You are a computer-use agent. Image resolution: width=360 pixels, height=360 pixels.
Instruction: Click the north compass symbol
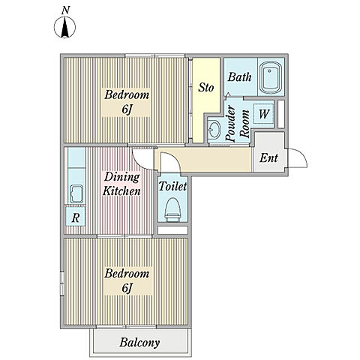click(64, 27)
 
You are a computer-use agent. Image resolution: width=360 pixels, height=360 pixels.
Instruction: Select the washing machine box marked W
click(264, 114)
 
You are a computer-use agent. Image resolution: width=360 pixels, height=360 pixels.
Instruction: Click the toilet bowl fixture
click(172, 209)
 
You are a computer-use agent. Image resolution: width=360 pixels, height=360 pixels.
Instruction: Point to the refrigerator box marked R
click(75, 217)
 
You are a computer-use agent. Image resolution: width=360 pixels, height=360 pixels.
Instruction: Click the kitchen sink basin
click(76, 194)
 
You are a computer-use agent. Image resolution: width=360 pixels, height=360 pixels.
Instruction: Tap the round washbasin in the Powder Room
click(214, 129)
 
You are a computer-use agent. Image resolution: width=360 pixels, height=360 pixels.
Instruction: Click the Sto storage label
click(206, 88)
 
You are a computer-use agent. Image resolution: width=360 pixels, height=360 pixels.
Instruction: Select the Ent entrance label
click(268, 157)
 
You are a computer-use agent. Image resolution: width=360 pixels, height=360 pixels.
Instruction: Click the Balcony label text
click(139, 342)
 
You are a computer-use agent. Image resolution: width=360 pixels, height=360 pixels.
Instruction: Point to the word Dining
click(121, 177)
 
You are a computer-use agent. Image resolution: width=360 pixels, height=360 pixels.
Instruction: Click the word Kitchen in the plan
click(121, 191)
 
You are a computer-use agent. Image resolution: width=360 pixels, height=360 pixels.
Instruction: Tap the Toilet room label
click(172, 186)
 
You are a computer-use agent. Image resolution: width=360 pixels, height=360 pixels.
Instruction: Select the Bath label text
click(239, 76)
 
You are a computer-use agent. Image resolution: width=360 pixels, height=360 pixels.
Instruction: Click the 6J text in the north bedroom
click(127, 109)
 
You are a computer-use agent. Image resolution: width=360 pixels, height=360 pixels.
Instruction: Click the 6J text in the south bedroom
click(127, 288)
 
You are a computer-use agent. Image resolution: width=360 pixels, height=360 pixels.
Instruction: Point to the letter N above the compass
click(65, 10)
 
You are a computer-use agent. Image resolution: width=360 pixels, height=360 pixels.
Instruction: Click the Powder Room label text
click(237, 124)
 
